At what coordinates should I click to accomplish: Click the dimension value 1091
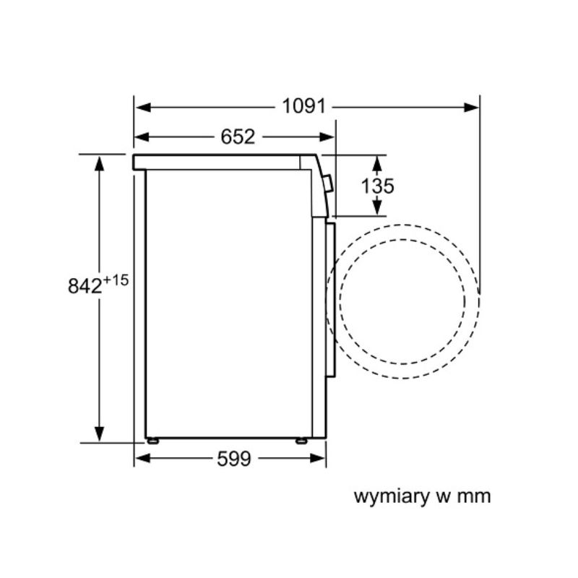tap(304, 107)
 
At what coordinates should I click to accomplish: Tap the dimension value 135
tap(378, 186)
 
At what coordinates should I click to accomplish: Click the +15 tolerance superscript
tap(116, 279)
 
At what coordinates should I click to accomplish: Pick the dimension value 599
tap(233, 458)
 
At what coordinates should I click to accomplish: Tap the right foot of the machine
tap(301, 440)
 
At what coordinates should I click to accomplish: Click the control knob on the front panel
tap(329, 184)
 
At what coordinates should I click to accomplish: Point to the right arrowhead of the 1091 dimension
tap(473, 108)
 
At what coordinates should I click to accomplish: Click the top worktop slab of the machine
tap(224, 162)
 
